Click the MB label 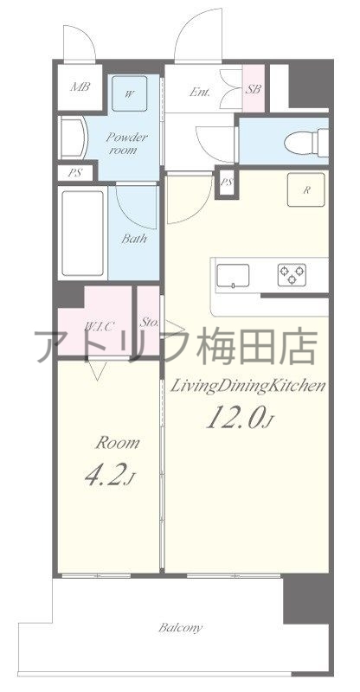point(80,87)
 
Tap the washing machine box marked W point(128,93)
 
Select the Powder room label point(127,142)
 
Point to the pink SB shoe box point(254,88)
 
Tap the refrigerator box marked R point(307,189)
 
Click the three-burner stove point(292,275)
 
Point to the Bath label point(132,239)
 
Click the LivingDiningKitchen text point(247,386)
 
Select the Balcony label point(181,628)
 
